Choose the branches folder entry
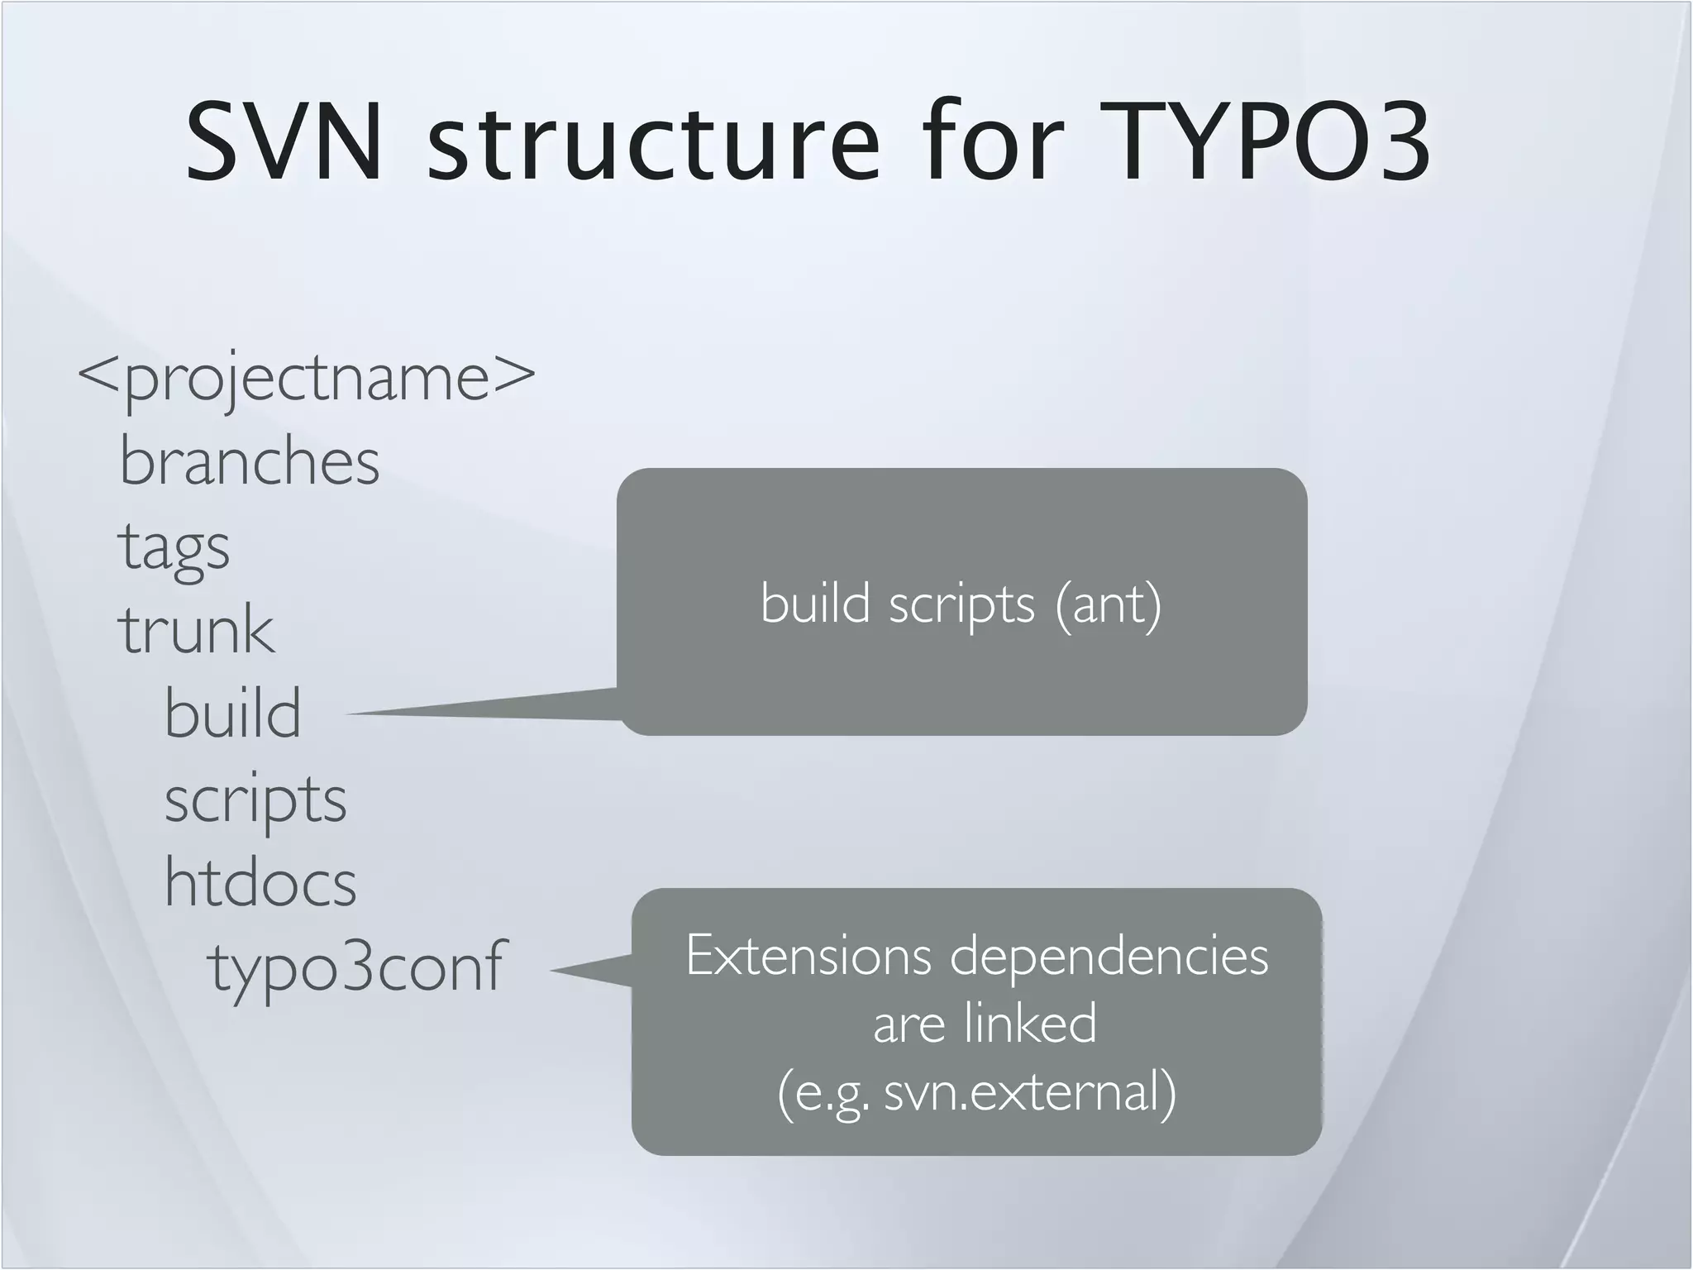[250, 461]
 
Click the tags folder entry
[174, 547]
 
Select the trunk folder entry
[196, 630]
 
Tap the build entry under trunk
[233, 714]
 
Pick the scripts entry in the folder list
[255, 800]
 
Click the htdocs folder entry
[260, 882]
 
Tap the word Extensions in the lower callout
[808, 956]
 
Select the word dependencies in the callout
[1109, 957]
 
